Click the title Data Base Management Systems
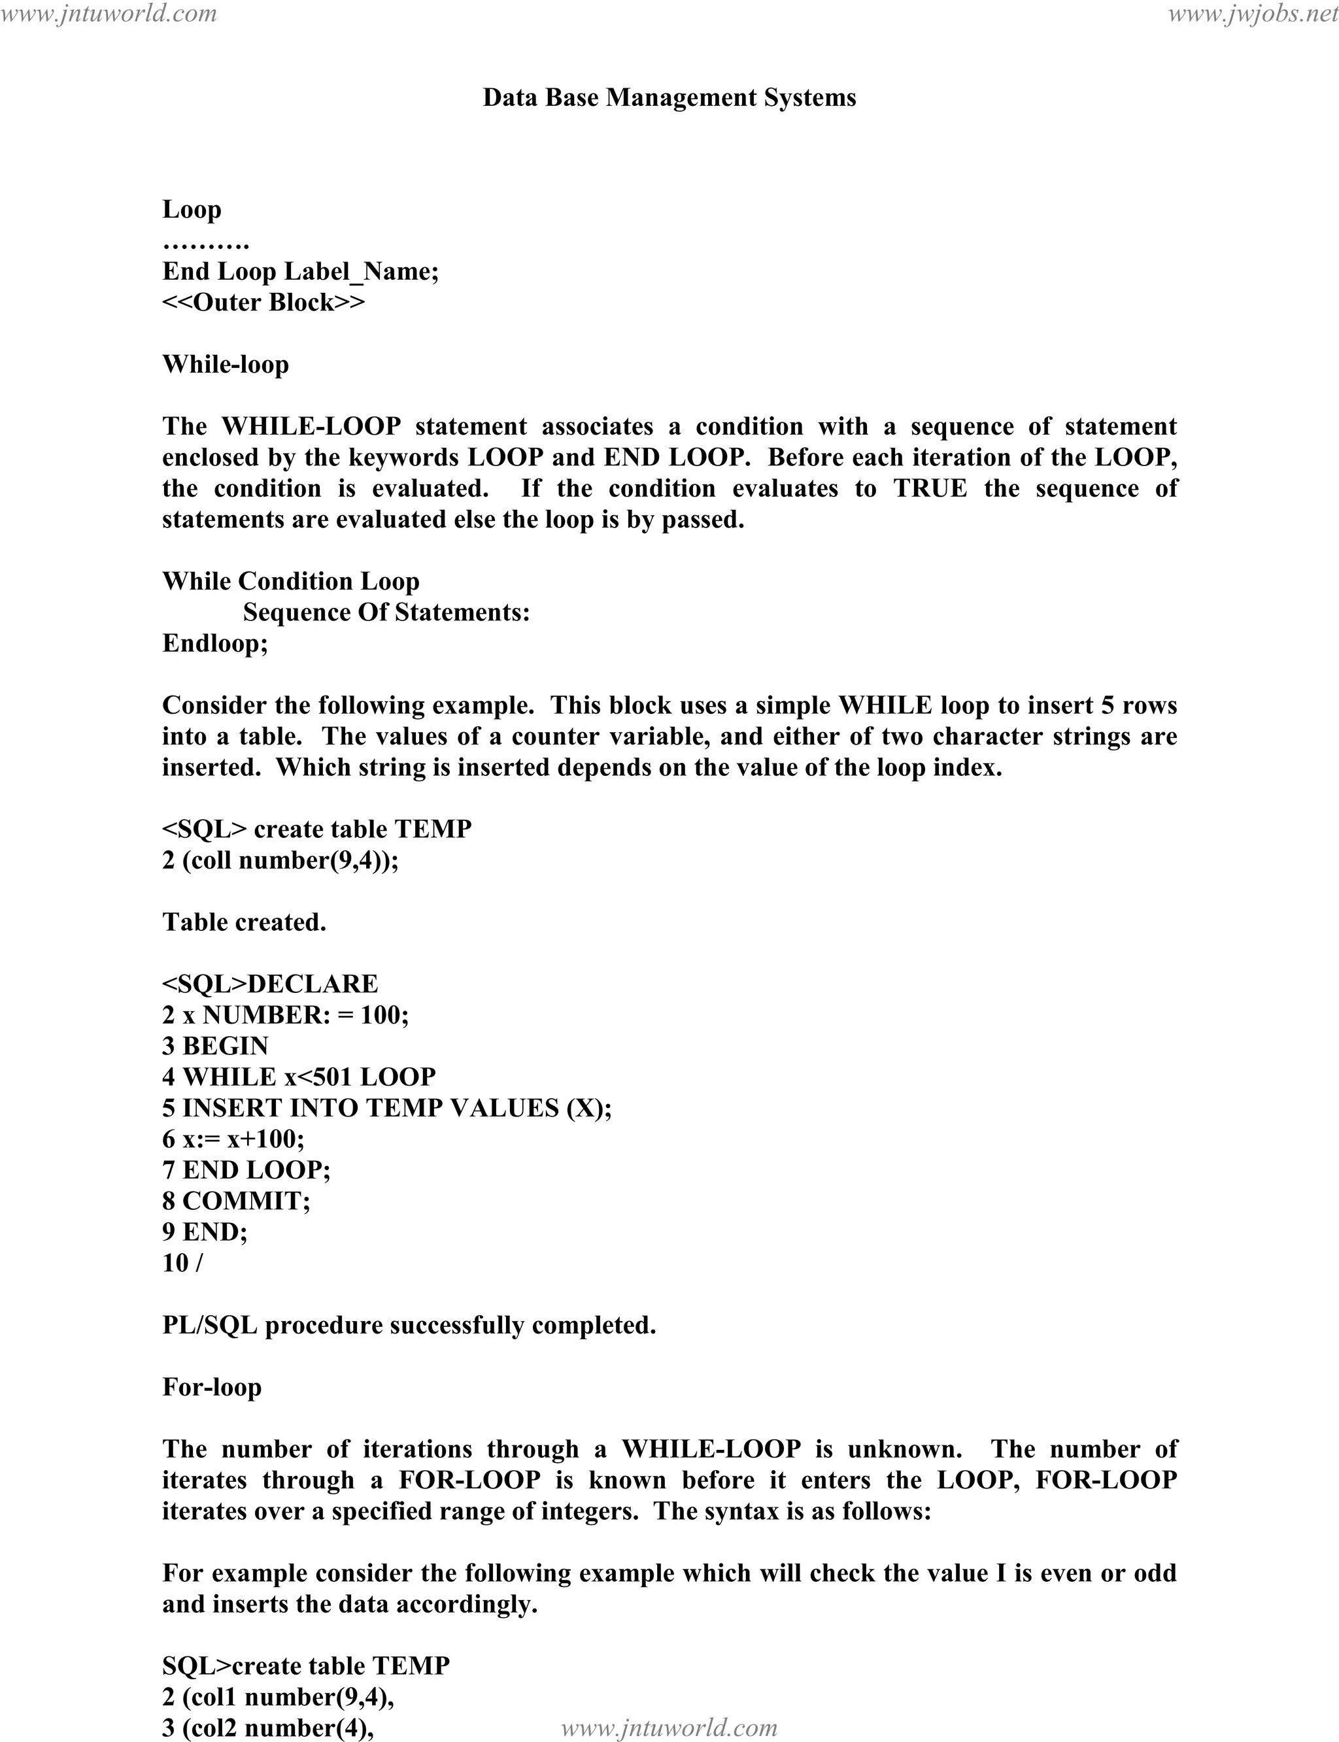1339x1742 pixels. click(x=669, y=98)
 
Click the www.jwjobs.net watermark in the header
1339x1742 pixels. click(x=1252, y=14)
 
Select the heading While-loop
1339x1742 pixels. click(x=226, y=364)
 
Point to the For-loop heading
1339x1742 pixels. click(x=212, y=1386)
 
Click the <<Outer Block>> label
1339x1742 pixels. click(x=264, y=302)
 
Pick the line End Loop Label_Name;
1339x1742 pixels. click(x=301, y=272)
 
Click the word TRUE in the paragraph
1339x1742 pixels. click(x=930, y=488)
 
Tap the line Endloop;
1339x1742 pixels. click(x=215, y=643)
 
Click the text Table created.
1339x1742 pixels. click(x=244, y=922)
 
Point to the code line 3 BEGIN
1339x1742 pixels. click(x=215, y=1045)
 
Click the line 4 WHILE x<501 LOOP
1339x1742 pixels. click(x=299, y=1077)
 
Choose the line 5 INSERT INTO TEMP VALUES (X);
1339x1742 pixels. click(x=386, y=1108)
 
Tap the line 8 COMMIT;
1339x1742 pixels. click(x=236, y=1201)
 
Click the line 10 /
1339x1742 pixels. click(x=182, y=1263)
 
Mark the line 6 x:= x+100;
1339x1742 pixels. click(x=233, y=1139)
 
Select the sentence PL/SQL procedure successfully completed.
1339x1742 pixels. click(x=409, y=1325)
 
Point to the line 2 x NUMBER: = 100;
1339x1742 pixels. click(x=285, y=1014)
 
